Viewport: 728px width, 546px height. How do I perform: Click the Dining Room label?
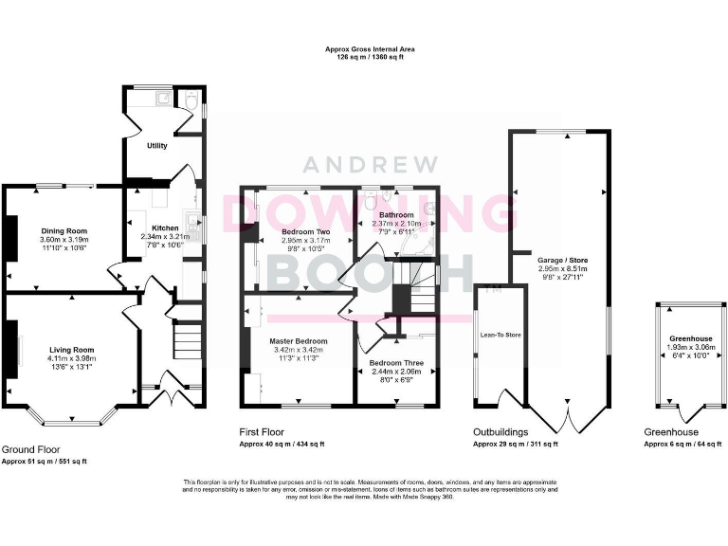(64, 230)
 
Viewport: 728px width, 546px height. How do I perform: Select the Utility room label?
(156, 146)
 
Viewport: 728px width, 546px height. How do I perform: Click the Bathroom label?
(397, 215)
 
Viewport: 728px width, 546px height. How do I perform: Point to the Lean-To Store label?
(500, 335)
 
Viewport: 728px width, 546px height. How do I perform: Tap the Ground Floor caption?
(30, 448)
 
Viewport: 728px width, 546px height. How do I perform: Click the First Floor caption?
(263, 431)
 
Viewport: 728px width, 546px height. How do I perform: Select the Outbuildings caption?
(501, 431)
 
